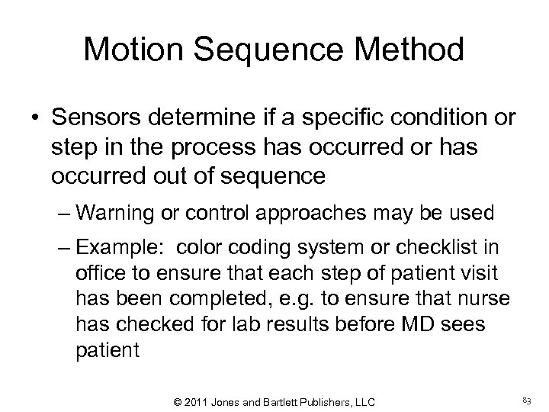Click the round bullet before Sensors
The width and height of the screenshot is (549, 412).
(35, 121)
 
